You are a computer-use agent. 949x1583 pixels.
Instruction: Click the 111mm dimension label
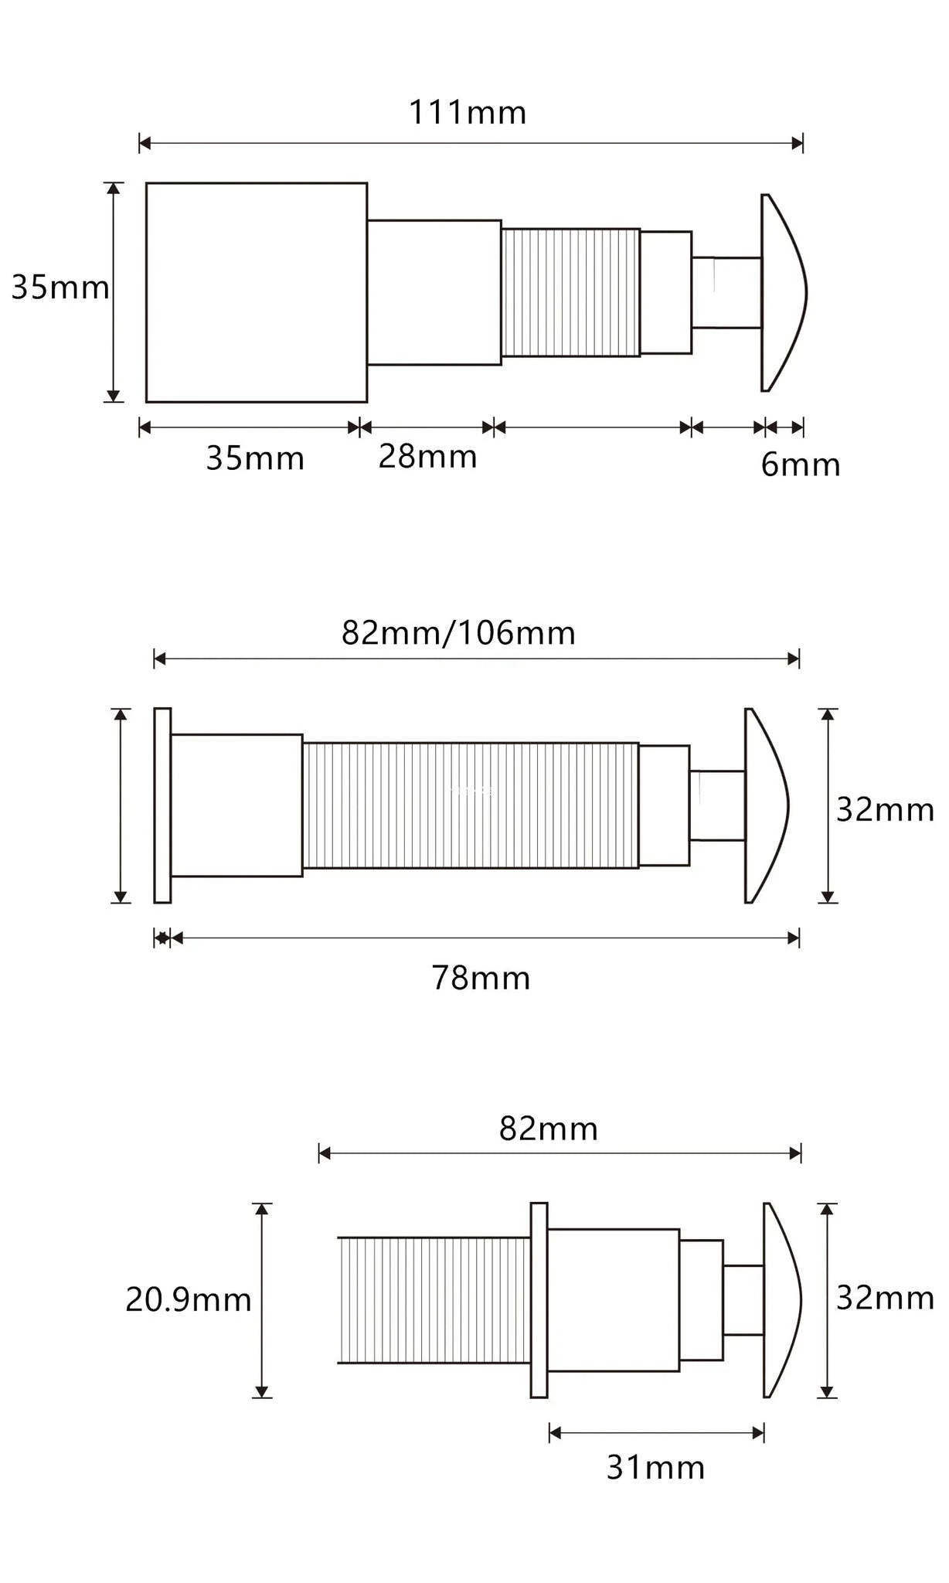tap(468, 113)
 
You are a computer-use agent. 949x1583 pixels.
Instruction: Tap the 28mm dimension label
tap(427, 457)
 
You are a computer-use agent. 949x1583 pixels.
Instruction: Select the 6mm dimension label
tap(801, 465)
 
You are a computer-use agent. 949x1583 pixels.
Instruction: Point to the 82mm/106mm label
tap(458, 633)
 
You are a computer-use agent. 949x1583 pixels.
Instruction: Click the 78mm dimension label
tap(481, 978)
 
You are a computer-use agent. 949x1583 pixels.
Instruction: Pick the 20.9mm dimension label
tap(189, 1299)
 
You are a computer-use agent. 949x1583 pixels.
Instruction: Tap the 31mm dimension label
tap(655, 1467)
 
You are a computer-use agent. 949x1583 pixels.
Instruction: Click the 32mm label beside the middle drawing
tap(885, 810)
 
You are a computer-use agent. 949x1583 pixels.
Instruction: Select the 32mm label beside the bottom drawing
tap(885, 1298)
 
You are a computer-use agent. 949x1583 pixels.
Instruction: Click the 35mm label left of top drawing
tap(60, 288)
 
